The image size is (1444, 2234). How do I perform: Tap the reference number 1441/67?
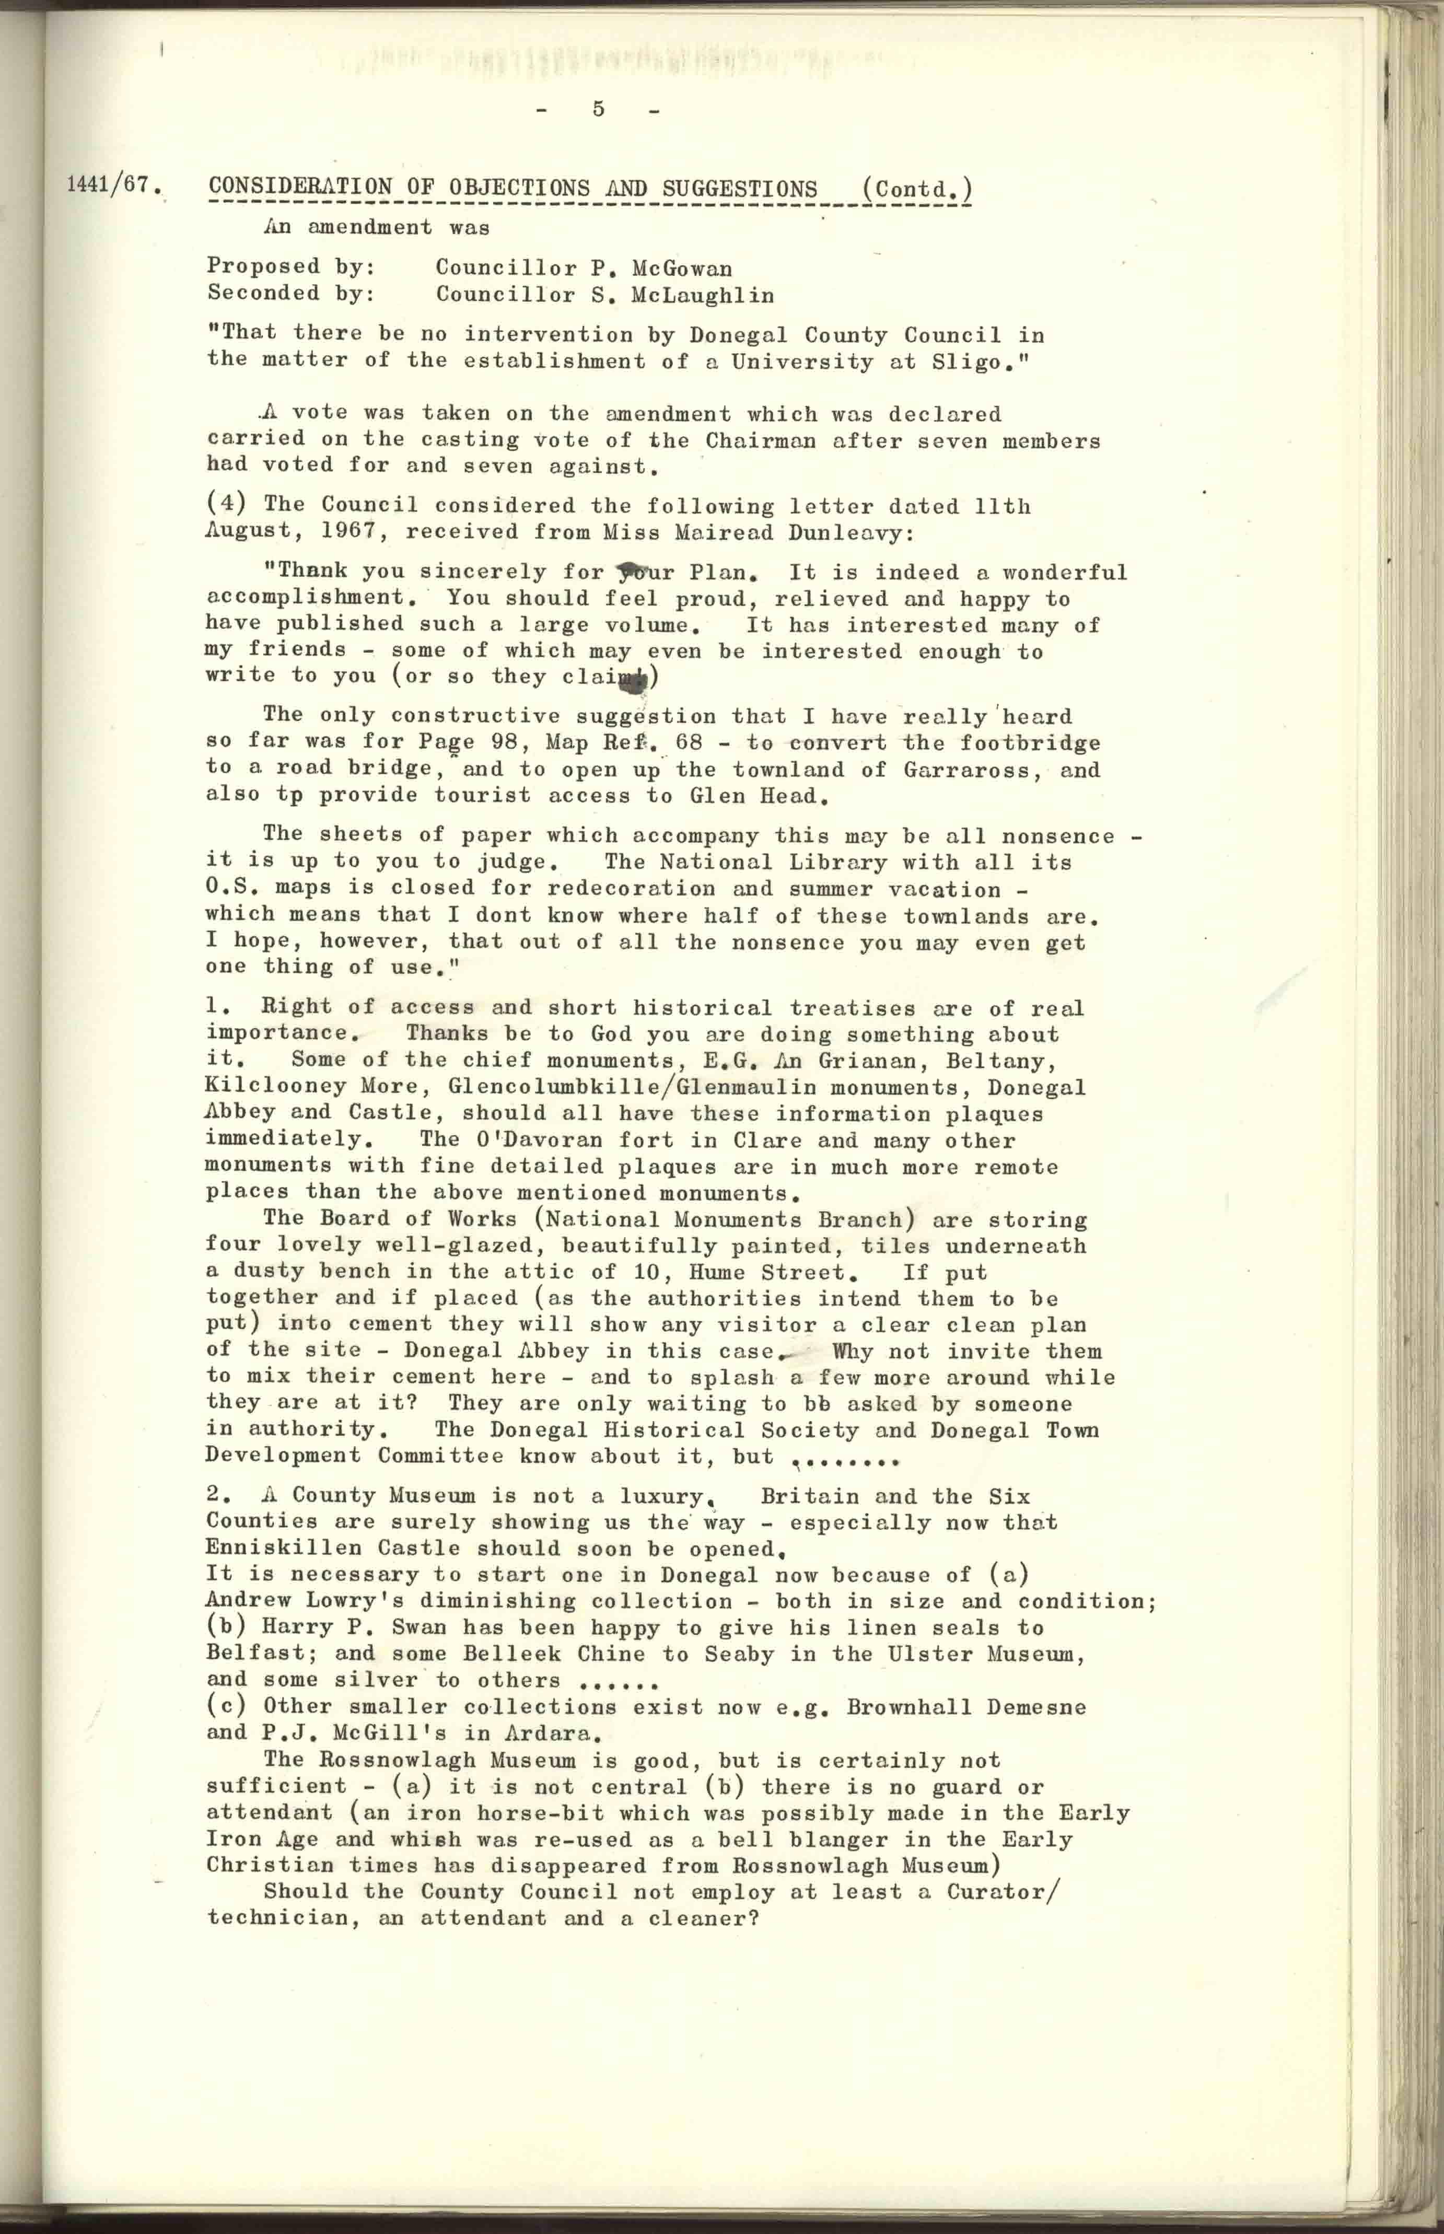pos(109,184)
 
